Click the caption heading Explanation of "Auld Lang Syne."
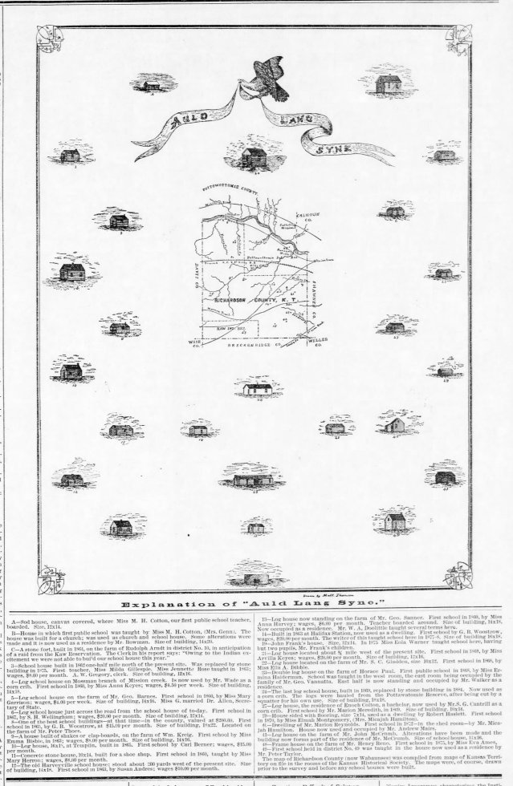coord(255,602)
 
